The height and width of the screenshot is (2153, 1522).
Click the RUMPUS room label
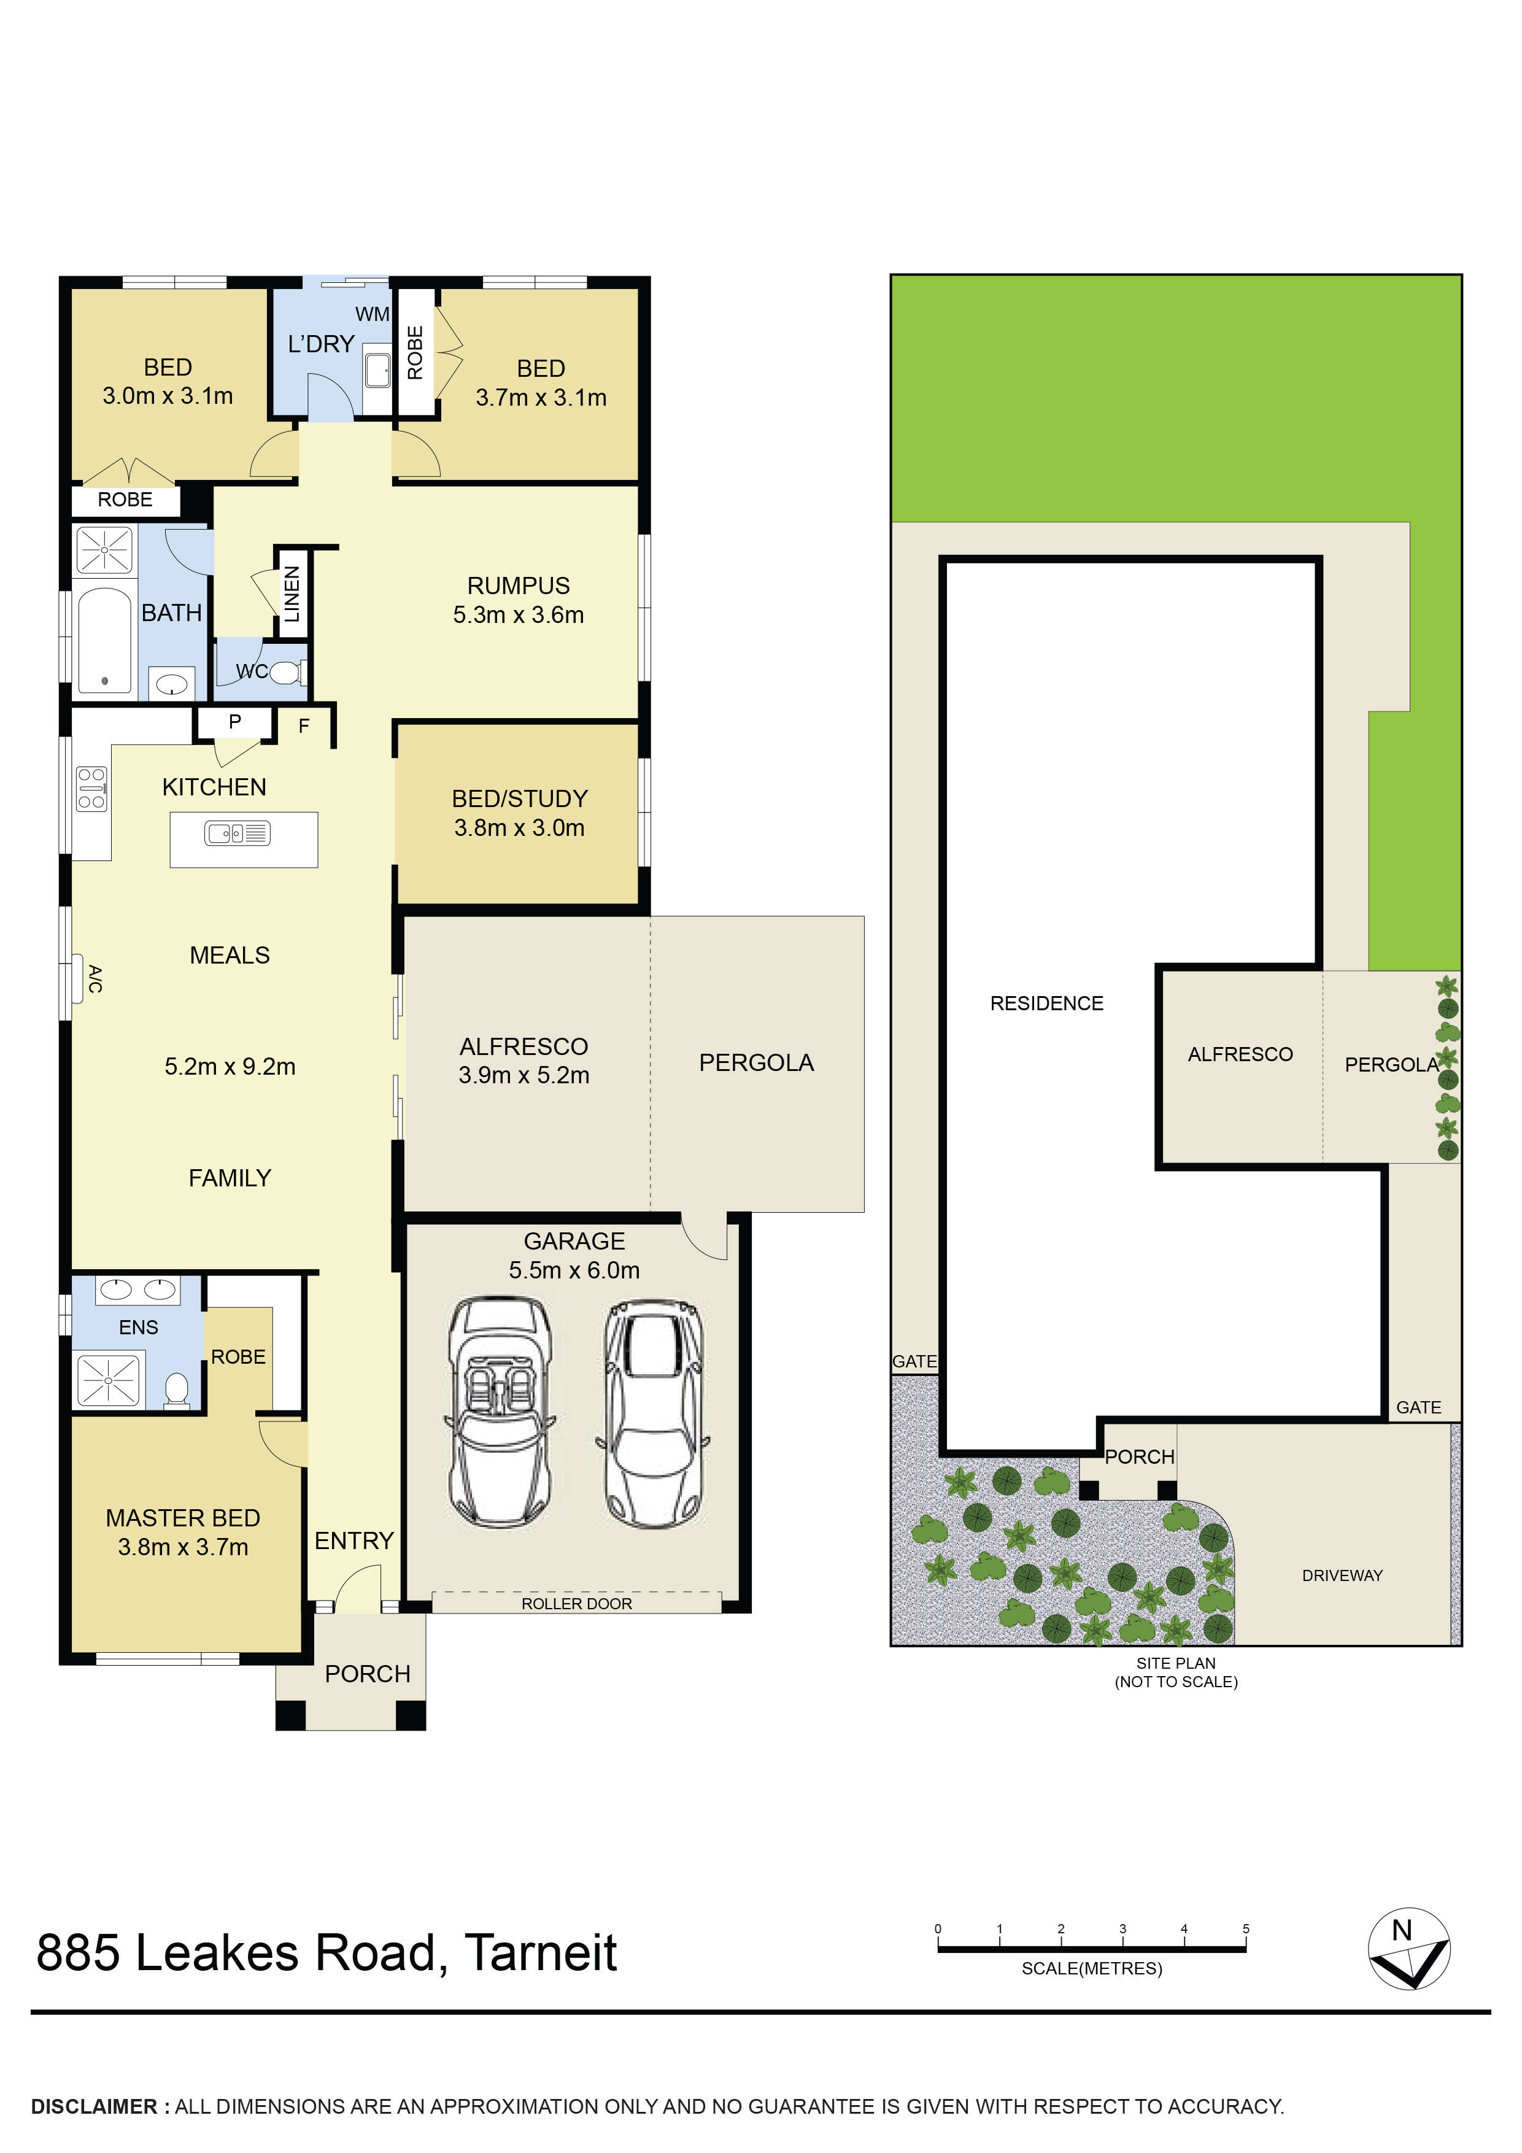(x=519, y=586)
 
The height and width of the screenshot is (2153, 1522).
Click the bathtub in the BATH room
(x=104, y=641)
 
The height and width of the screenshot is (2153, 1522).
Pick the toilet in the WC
(x=286, y=672)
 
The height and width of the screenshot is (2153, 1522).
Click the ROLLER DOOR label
(x=577, y=1604)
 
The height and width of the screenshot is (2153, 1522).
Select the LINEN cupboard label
(x=292, y=593)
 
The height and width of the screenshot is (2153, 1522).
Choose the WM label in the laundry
(x=373, y=315)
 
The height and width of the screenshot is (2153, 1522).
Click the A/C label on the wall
(x=95, y=979)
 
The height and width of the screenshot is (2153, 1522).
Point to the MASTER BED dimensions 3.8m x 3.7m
(x=183, y=1547)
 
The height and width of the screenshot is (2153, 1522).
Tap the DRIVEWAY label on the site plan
(x=1342, y=1575)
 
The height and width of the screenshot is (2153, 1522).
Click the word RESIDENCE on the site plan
(x=1046, y=1003)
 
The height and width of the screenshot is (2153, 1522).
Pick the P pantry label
(x=234, y=722)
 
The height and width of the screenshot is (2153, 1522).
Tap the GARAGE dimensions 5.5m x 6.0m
(x=574, y=1270)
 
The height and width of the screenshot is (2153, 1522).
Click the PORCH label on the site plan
(x=1140, y=1457)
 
